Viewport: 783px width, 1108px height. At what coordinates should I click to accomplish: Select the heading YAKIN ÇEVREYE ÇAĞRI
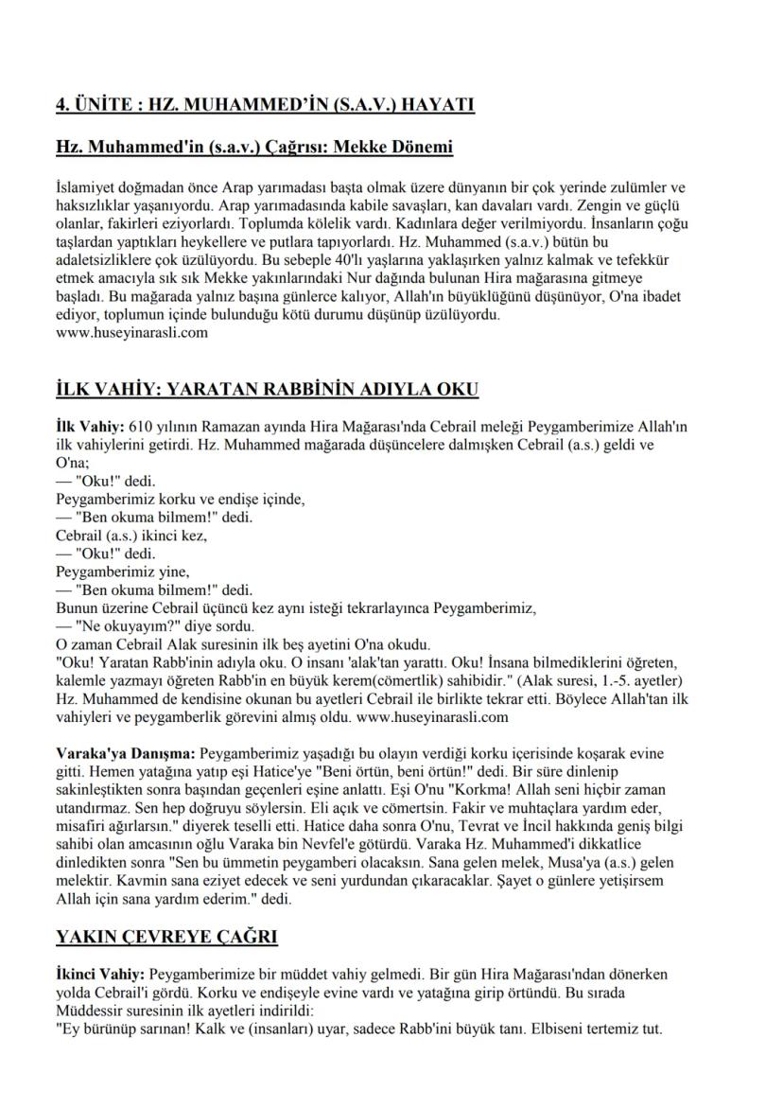point(165,938)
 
